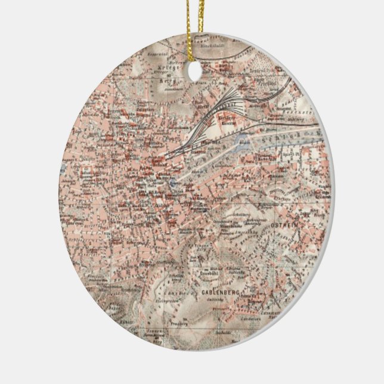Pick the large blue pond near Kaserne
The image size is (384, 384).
click(241, 142)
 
